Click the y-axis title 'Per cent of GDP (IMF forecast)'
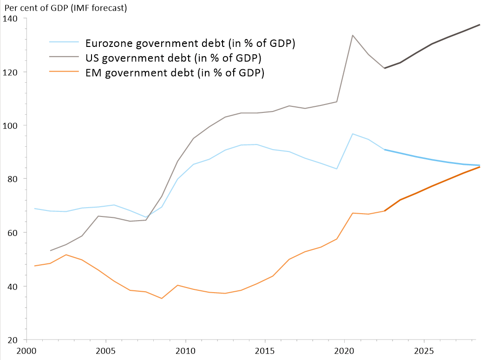65,7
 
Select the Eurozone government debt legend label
190,43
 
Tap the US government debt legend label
173,58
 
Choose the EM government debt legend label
175,73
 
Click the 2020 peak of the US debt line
353,35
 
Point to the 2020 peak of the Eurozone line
353,134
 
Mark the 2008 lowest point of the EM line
162,298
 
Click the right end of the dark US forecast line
479,25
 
